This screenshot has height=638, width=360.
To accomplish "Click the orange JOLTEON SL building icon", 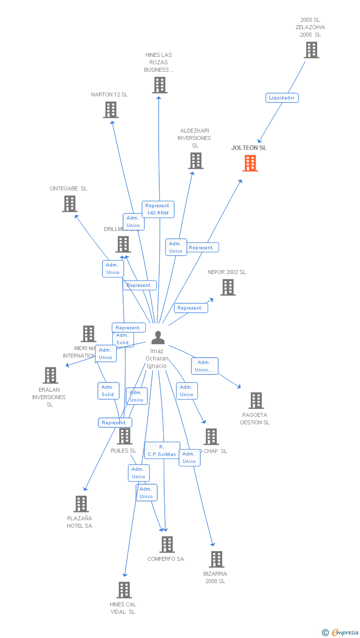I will click(x=250, y=163).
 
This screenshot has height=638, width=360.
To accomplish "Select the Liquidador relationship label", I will click(x=282, y=98).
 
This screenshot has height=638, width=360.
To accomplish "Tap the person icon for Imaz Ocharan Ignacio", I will click(x=158, y=338).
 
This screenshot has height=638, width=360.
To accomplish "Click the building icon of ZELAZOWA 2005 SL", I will click(x=311, y=50).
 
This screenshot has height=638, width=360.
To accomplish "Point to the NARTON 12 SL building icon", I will click(x=111, y=110).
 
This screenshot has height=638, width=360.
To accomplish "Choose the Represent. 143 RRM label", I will click(x=158, y=209).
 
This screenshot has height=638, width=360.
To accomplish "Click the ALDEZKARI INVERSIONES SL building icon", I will click(x=195, y=161).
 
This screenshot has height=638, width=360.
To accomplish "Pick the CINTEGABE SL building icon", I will click(x=70, y=203).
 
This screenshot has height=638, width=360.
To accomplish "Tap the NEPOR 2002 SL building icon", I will click(x=227, y=287).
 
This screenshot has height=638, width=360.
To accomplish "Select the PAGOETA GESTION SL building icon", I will click(x=256, y=401).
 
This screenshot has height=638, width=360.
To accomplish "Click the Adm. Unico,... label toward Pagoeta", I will click(x=205, y=366).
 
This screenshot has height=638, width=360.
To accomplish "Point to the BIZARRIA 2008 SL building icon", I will click(x=216, y=559).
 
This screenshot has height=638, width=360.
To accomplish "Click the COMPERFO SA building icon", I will click(x=167, y=545).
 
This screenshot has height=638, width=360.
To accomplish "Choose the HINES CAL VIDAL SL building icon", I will click(x=124, y=590).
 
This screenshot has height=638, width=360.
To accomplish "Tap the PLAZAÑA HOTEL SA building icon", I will click(x=81, y=504).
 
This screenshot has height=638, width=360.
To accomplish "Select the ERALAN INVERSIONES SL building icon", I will click(x=50, y=375).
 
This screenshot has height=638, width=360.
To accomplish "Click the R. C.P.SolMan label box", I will click(x=162, y=451).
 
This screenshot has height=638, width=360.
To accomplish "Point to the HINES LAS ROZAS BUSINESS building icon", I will click(x=159, y=85).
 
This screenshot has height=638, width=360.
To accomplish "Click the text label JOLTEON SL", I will click(x=249, y=148).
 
